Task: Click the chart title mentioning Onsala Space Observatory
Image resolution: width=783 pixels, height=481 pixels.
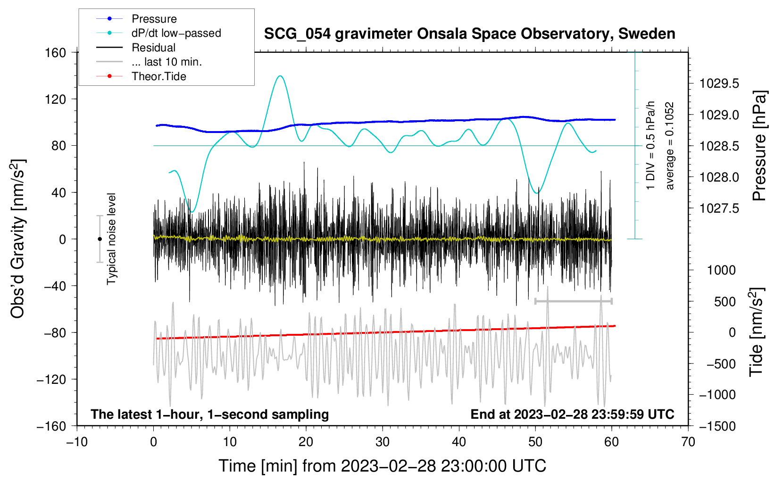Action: (x=469, y=34)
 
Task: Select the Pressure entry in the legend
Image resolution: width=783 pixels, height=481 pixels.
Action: (x=154, y=19)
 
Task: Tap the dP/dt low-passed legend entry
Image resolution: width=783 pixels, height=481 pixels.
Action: (x=176, y=33)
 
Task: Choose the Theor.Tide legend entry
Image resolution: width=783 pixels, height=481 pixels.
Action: (x=158, y=76)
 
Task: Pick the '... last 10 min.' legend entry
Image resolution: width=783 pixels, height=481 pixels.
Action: (x=167, y=62)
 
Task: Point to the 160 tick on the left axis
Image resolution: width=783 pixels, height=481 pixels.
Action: (x=56, y=52)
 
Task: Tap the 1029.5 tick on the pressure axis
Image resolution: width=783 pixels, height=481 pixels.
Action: (x=719, y=83)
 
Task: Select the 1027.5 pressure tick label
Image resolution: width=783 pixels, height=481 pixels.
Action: (x=719, y=208)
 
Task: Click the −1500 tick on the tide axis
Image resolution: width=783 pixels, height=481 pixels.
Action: (x=717, y=426)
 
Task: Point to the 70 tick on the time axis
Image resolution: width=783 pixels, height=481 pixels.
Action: (x=688, y=442)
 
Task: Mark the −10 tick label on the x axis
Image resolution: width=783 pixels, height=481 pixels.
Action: (x=77, y=442)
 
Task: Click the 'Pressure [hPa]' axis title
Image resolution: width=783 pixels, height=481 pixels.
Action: (x=759, y=146)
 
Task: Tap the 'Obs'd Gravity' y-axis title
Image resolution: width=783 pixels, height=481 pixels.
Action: (x=18, y=239)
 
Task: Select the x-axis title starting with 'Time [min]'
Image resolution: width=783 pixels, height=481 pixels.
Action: (x=382, y=466)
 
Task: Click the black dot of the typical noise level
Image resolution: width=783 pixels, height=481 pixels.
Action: (x=100, y=239)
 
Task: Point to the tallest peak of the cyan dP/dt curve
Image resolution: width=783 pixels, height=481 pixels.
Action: (x=280, y=75)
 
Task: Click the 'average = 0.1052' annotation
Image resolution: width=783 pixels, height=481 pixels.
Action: (x=669, y=146)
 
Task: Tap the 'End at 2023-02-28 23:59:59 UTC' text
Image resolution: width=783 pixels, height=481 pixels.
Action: (x=572, y=414)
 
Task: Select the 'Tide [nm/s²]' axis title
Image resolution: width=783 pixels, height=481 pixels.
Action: (x=757, y=332)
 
